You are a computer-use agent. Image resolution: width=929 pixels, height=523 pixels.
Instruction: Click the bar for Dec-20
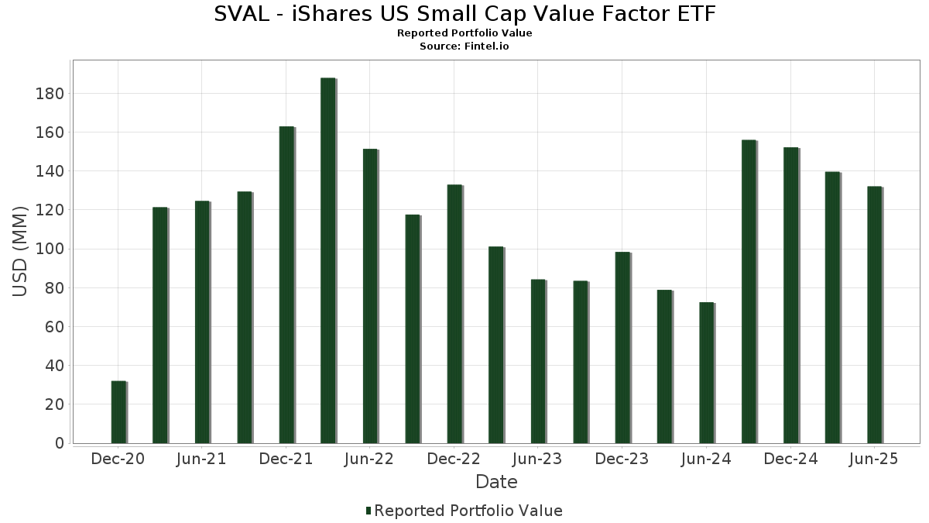tap(118, 412)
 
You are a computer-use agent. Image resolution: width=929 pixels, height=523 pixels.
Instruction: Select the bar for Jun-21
tap(202, 322)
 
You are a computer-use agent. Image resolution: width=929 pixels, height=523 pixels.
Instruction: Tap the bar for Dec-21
tap(286, 284)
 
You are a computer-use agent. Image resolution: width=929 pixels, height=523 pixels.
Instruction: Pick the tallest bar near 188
tap(327, 260)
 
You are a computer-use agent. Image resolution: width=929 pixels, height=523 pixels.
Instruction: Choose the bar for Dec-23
tap(622, 348)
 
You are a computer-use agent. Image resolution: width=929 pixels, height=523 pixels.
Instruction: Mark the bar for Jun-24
tap(706, 373)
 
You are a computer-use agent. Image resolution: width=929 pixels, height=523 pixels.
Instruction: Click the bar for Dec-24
tap(790, 295)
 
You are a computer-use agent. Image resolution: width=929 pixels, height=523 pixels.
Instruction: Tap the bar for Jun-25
tap(874, 315)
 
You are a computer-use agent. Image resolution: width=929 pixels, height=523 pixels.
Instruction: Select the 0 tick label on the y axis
tap(59, 443)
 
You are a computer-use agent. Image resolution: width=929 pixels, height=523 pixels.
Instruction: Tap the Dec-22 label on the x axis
tap(454, 459)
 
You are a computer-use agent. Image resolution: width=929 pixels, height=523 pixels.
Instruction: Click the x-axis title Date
tap(496, 482)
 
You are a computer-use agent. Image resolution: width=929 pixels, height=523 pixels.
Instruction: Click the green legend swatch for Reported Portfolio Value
tap(369, 511)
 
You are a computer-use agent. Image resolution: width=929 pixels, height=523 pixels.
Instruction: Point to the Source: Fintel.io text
tap(464, 46)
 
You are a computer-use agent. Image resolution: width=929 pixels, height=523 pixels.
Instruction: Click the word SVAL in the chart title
tap(238, 14)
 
